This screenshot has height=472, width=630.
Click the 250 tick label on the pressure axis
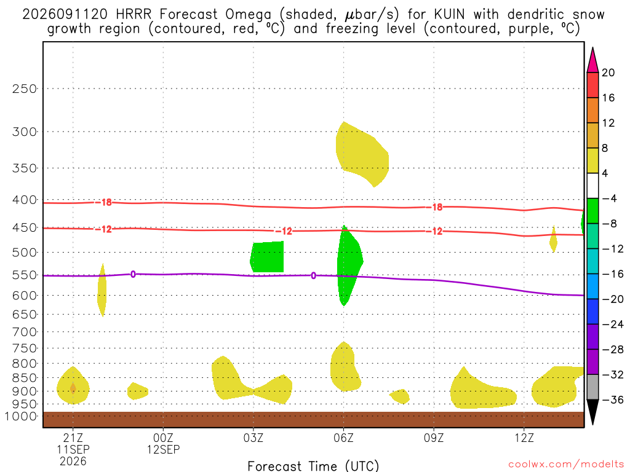25,88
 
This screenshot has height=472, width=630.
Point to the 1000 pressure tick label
21,416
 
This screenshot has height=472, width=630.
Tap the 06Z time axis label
343,438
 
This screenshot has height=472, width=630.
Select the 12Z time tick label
524,438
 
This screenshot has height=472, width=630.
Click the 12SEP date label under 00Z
163,449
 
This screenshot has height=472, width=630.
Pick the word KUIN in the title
449,15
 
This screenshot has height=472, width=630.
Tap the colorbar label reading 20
608,73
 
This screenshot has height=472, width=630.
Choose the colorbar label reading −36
613,399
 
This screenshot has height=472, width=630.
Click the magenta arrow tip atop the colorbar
592,48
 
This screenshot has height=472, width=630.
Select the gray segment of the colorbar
592,387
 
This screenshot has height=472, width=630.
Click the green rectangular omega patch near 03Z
267,257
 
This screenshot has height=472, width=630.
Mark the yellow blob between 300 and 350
361,154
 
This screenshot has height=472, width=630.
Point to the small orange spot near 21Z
73,388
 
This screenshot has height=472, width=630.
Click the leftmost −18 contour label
105,202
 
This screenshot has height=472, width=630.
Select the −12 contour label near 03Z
285,231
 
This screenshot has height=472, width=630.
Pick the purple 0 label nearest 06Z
313,276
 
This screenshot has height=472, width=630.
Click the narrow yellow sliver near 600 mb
102,290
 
